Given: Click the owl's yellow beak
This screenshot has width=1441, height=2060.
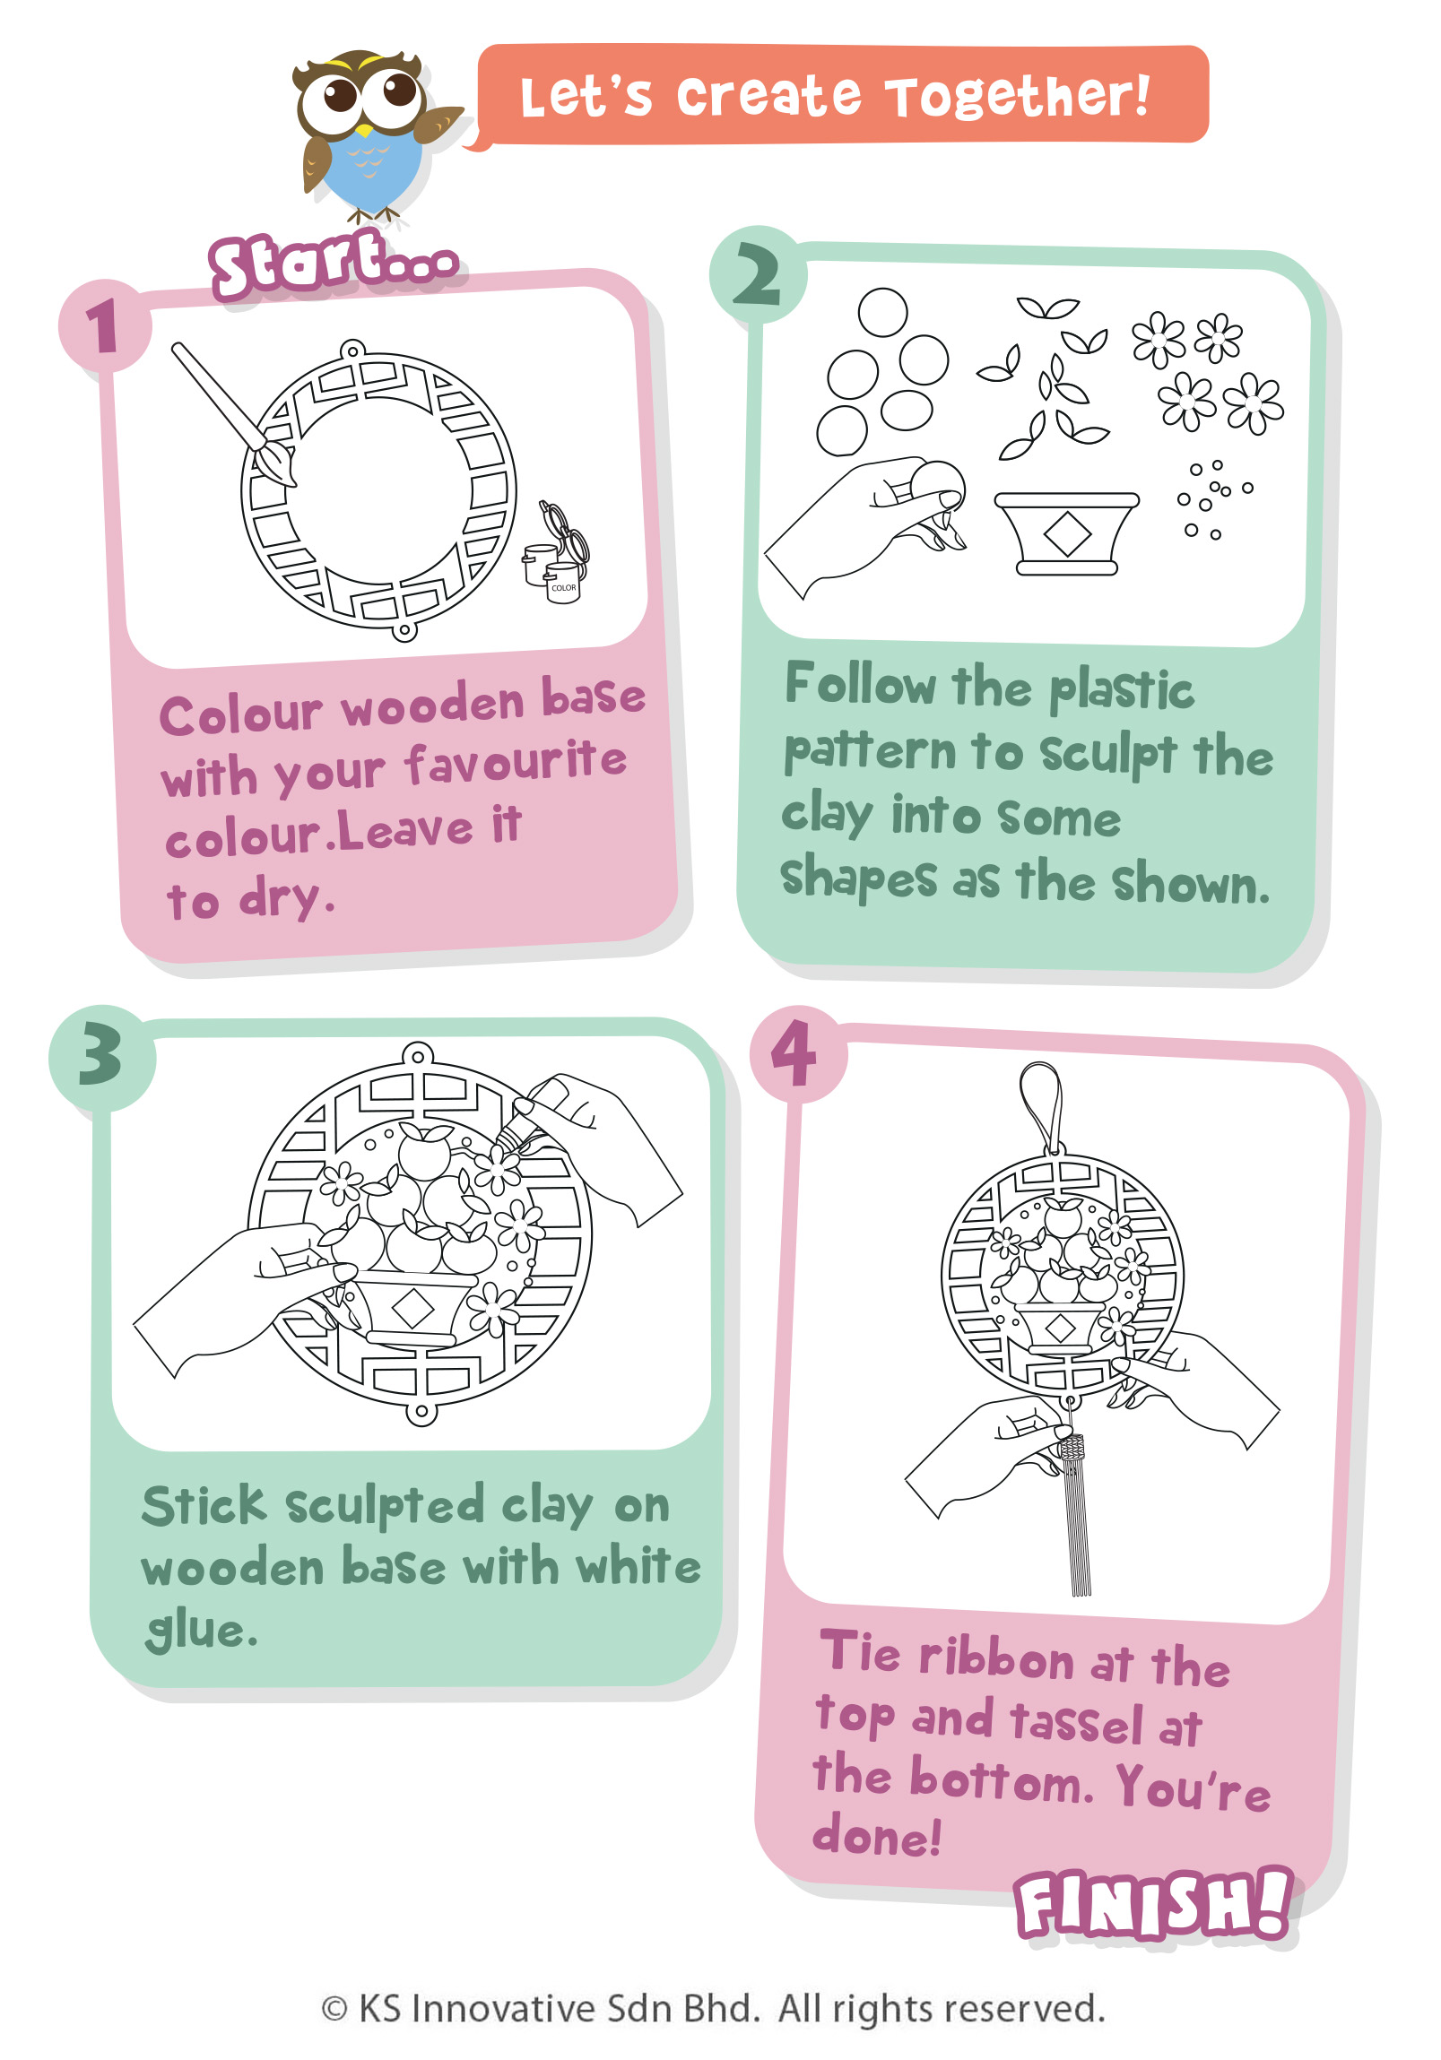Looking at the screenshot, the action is pyautogui.click(x=364, y=131).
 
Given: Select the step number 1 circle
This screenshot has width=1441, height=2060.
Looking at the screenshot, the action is pyautogui.click(x=104, y=325).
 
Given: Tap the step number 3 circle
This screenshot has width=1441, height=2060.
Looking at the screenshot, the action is pyautogui.click(x=101, y=1058).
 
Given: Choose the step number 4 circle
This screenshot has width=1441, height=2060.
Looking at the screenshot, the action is pyautogui.click(x=798, y=1054).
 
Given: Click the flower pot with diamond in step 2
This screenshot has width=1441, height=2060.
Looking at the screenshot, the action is pyautogui.click(x=1065, y=533).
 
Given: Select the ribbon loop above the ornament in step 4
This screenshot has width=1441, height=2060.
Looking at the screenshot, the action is pyautogui.click(x=1042, y=1107).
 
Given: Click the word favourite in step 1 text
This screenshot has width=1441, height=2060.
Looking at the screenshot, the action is pyautogui.click(x=515, y=764).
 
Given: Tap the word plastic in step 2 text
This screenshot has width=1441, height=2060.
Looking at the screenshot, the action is pyautogui.click(x=1122, y=691).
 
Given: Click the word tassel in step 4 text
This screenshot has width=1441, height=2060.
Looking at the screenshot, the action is pyautogui.click(x=1076, y=1722).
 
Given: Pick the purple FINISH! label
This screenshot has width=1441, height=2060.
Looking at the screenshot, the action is pyautogui.click(x=1154, y=1904).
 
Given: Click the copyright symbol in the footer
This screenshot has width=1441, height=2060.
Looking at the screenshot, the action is pyautogui.click(x=334, y=2010).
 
